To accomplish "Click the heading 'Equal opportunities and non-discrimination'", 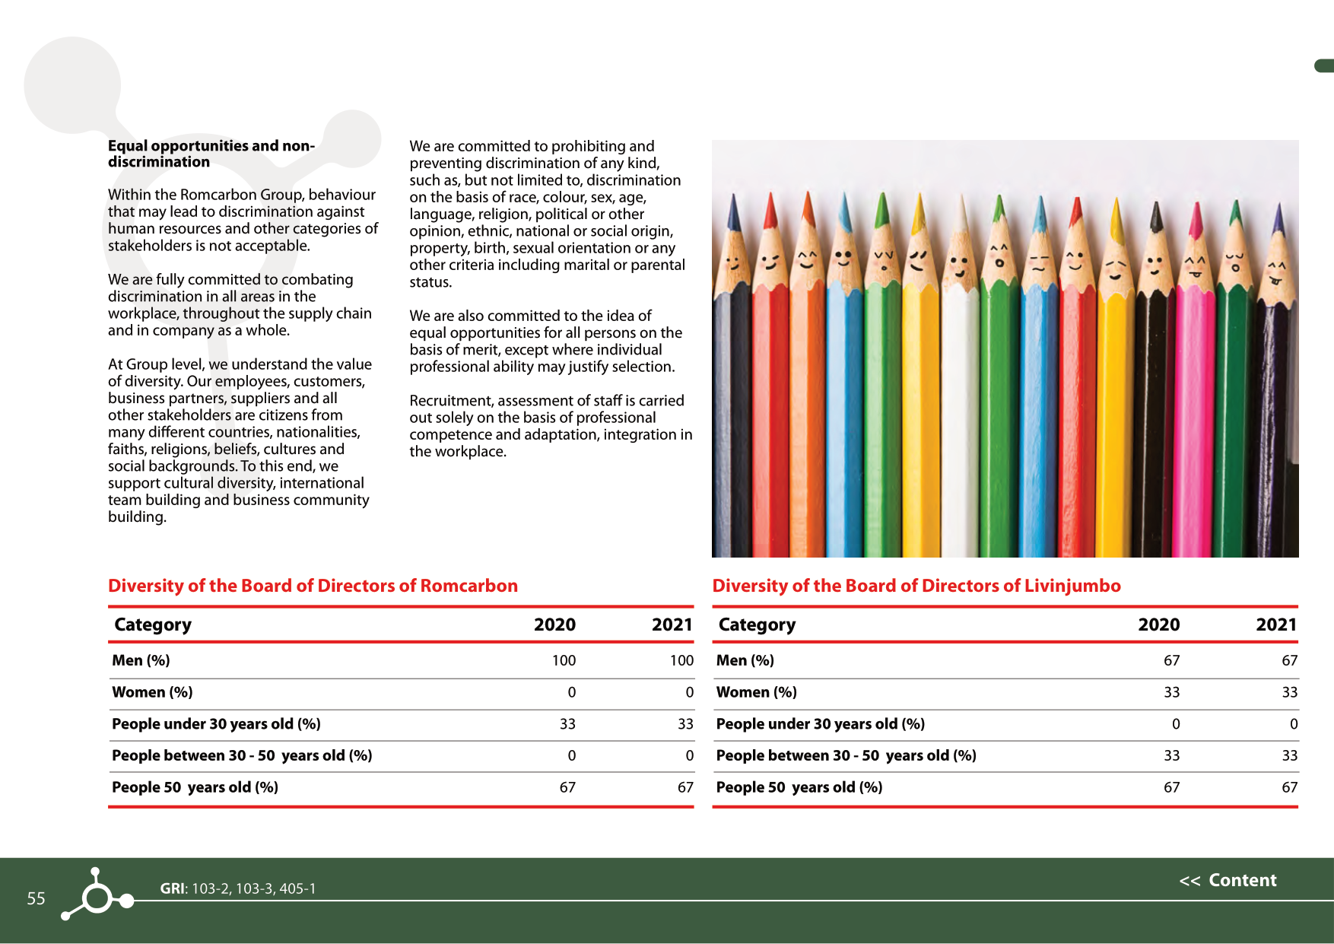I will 211,154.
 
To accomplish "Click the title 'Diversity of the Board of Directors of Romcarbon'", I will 313,586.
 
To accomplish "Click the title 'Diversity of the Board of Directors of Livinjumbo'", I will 916,586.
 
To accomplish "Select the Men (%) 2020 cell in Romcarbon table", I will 564,660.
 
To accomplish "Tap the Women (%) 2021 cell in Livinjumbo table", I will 1289,692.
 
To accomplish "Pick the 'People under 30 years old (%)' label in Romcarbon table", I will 216,724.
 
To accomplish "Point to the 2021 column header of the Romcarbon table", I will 672,625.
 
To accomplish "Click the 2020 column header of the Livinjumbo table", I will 1158,625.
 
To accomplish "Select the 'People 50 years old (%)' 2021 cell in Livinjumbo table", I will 1289,787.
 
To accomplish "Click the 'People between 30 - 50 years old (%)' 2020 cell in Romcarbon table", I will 571,755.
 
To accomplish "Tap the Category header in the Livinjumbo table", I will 757,625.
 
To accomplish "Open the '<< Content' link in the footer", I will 1228,880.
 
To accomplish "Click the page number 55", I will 36,898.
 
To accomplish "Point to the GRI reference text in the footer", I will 238,888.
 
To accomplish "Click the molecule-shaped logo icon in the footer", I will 97,896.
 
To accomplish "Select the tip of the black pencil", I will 1156,216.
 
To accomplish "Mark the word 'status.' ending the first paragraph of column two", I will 430,282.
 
